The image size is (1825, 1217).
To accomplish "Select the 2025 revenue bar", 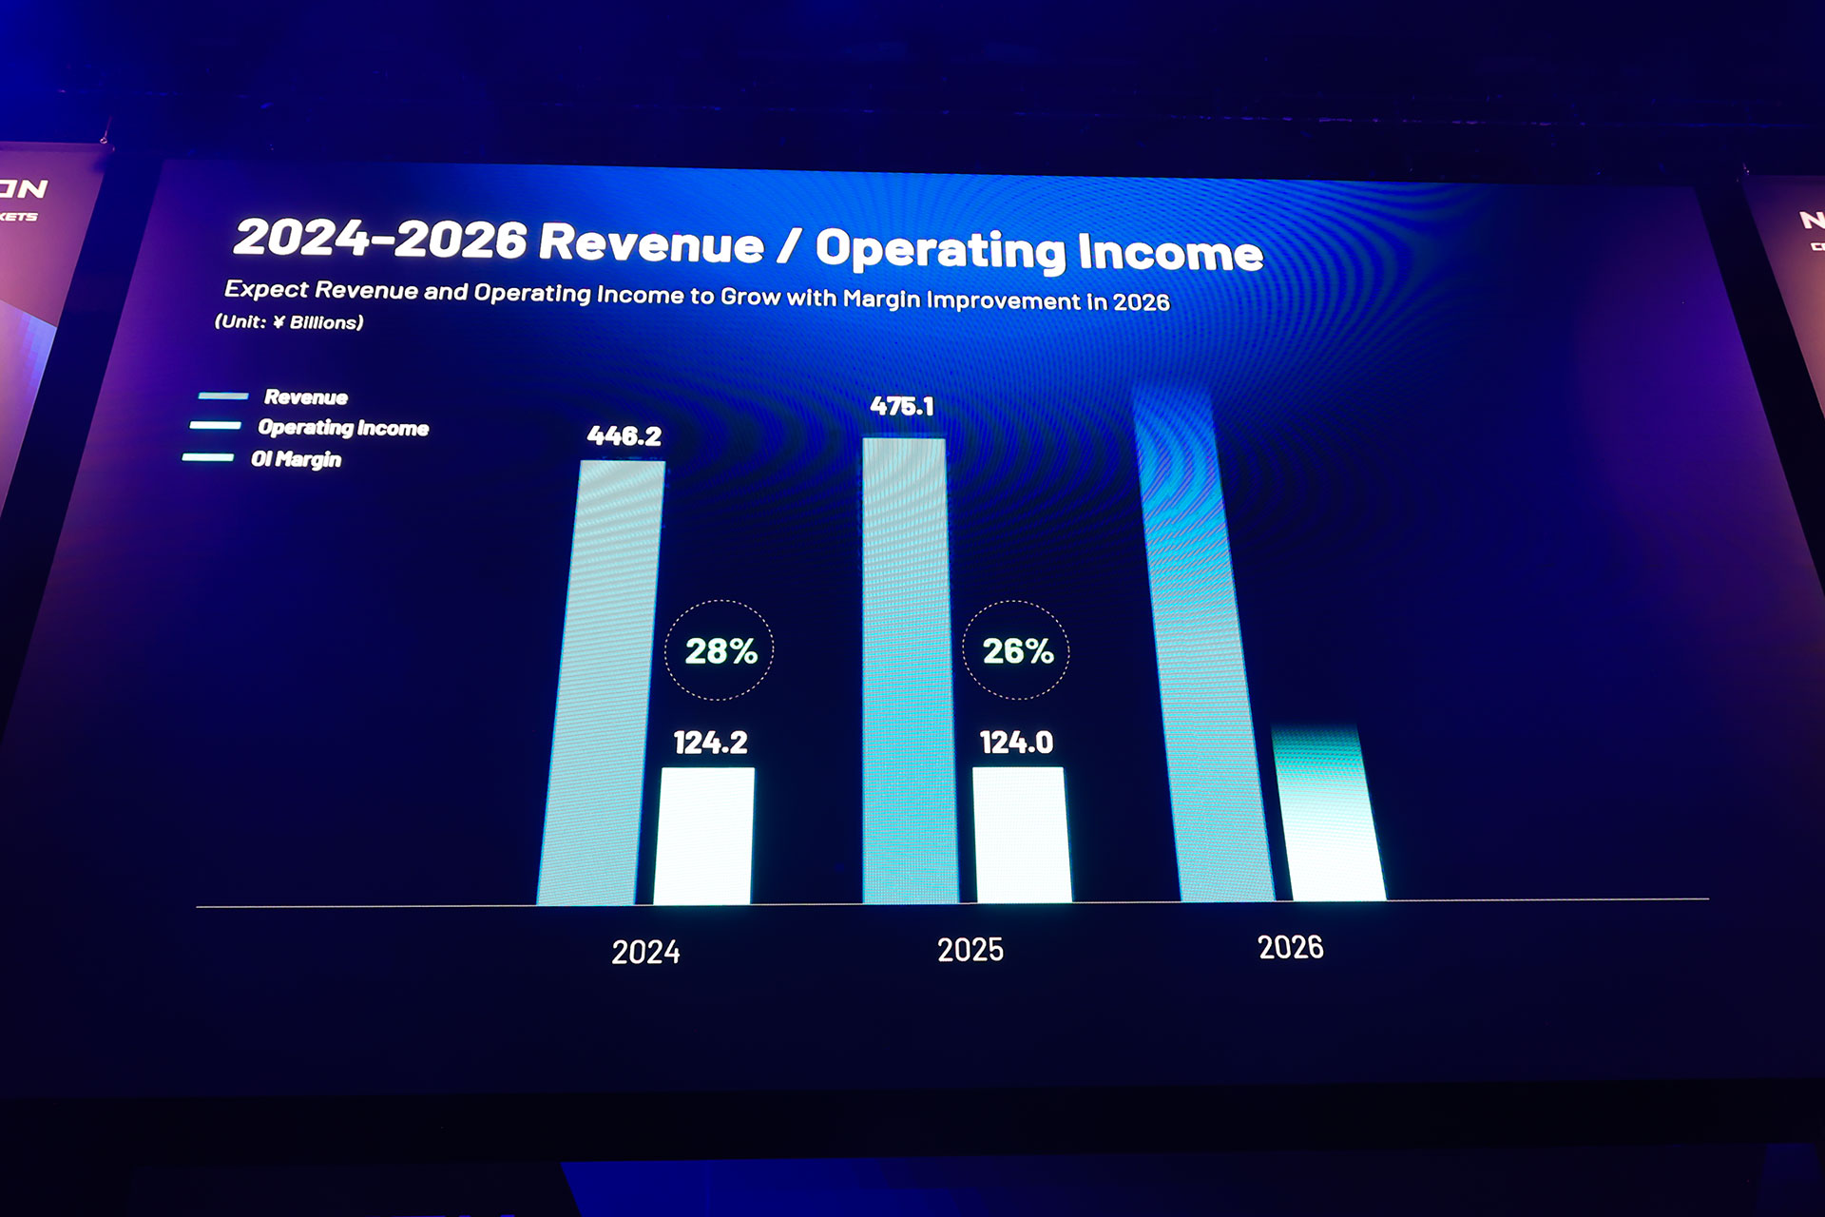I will click(908, 670).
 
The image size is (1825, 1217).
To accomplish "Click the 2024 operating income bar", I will click(703, 836).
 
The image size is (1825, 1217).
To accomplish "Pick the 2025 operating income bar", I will click(1021, 835).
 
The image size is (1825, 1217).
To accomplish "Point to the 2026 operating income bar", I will click(1331, 818).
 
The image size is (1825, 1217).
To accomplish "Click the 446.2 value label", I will click(624, 436).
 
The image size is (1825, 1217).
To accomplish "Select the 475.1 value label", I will click(902, 407).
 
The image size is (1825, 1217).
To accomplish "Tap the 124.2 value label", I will click(710, 743).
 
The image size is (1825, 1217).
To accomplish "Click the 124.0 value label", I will click(1016, 743).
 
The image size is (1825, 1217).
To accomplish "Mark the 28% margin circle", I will click(720, 650).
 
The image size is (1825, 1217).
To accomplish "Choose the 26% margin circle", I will click(1017, 650).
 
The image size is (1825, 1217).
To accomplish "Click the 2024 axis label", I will click(645, 952).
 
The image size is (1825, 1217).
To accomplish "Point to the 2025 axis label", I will click(970, 949).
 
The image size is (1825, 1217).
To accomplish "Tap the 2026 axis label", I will click(1290, 947).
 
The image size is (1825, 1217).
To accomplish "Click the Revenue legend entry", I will click(305, 397).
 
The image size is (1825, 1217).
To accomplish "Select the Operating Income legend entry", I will click(342, 428).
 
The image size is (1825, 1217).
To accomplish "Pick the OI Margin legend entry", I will click(296, 459).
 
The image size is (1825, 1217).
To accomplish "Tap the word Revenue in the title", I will click(651, 242).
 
